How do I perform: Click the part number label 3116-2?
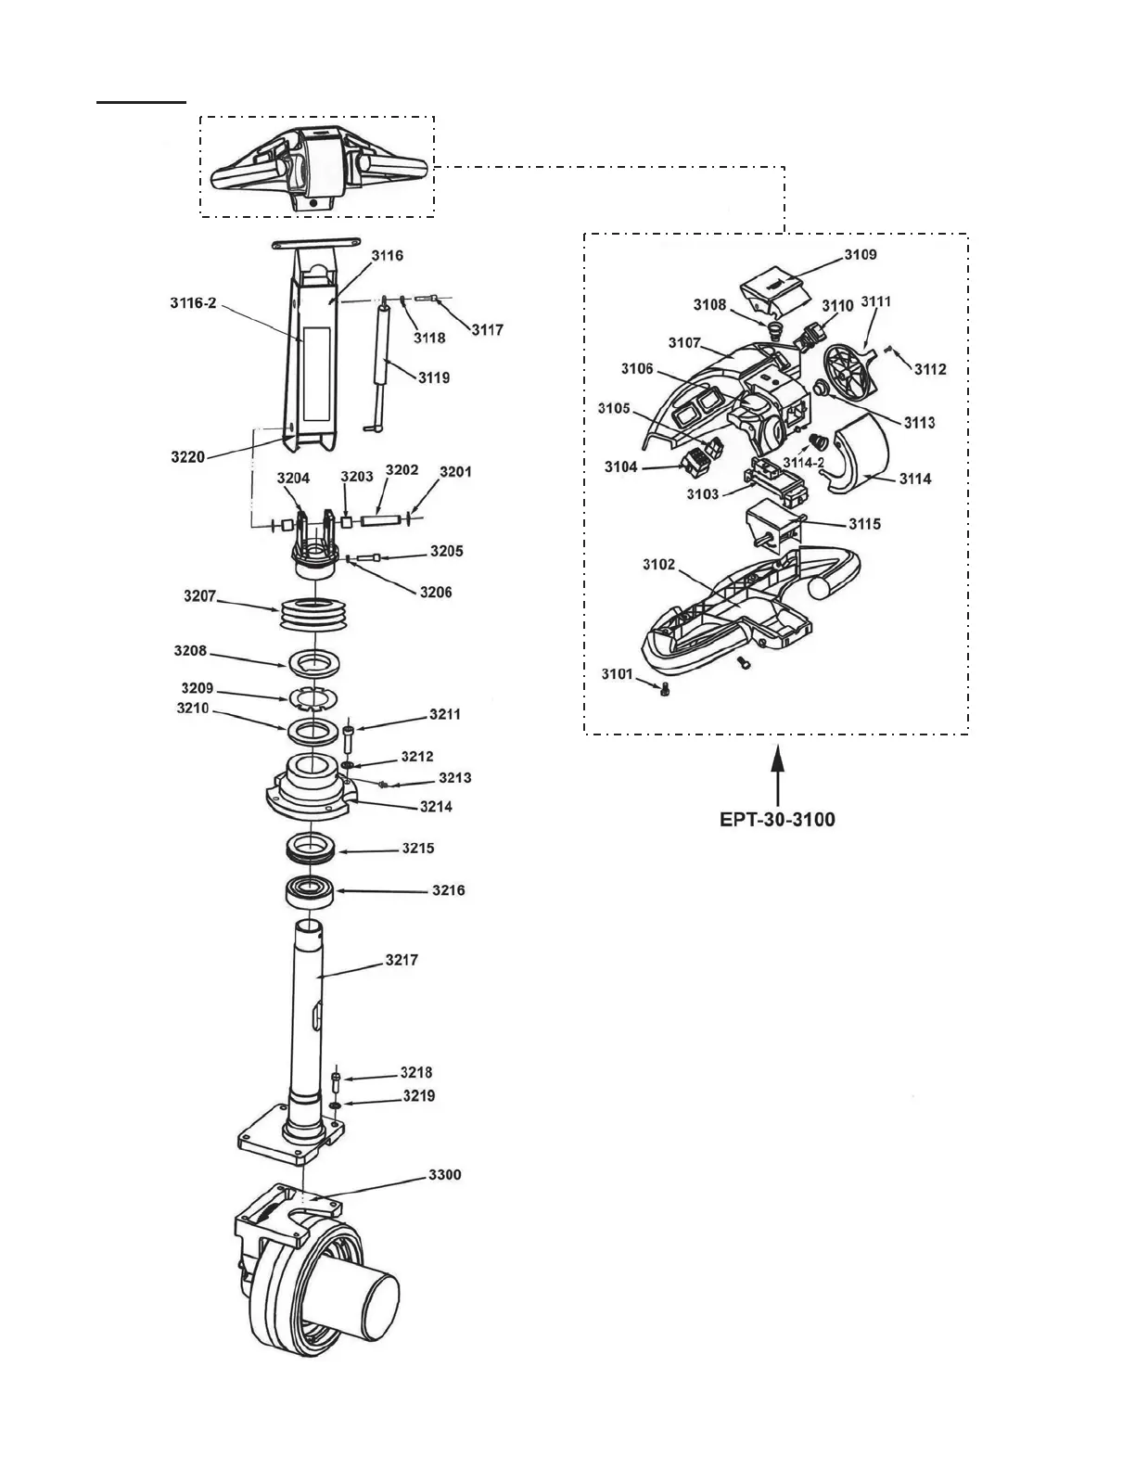[193, 302]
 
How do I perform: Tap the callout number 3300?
[444, 1175]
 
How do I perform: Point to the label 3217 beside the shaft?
[402, 960]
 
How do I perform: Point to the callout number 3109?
[860, 254]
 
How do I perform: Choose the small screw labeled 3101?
[663, 689]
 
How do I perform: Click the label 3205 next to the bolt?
[446, 551]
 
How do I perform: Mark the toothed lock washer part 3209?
[312, 698]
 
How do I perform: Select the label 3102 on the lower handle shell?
[658, 565]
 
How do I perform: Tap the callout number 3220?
[188, 456]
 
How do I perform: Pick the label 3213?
[454, 777]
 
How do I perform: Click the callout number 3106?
[637, 368]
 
